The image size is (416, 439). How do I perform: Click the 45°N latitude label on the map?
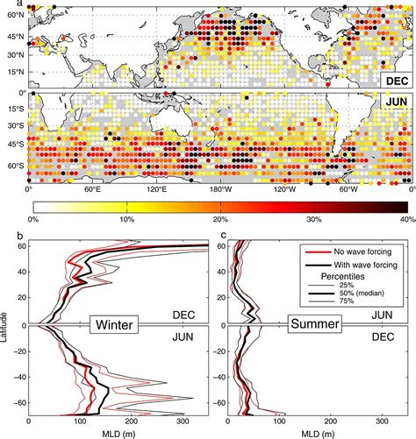pos(13,38)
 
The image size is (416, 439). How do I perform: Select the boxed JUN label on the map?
pos(393,102)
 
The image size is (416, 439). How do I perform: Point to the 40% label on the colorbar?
pos(404,219)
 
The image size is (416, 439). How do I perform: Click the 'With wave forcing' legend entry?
pos(360,264)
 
